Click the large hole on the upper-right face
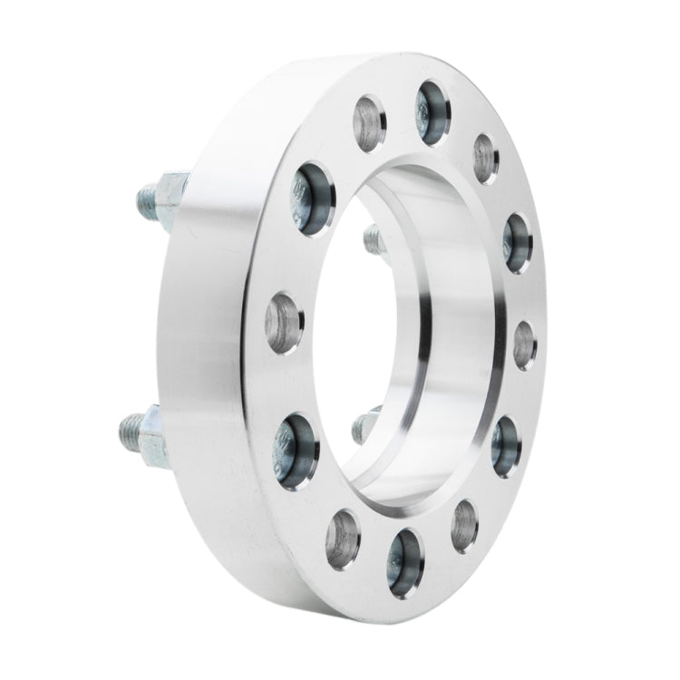518,243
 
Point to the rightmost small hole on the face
525,345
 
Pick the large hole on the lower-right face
505,444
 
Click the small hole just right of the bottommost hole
465,525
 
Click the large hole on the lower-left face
297,449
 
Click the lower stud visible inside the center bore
365,423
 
